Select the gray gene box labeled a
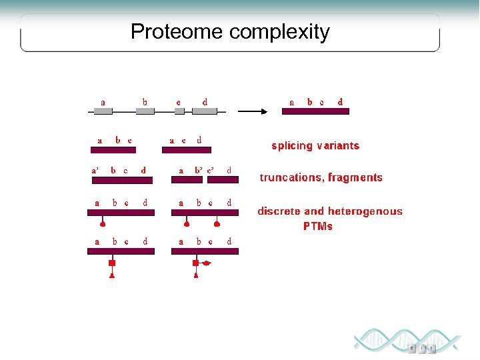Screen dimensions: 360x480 coord(103,111)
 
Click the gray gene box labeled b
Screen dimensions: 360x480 coord(145,111)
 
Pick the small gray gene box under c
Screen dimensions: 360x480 coord(179,111)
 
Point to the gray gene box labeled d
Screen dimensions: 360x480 coord(205,111)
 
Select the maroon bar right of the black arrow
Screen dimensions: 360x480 coord(315,111)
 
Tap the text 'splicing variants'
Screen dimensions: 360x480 coord(315,145)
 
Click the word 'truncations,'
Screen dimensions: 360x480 coord(291,177)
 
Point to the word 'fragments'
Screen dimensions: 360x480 coord(355,177)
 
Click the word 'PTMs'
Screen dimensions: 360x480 coord(317,226)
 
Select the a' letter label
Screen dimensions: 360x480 coord(95,171)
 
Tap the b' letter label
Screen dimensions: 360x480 coord(199,171)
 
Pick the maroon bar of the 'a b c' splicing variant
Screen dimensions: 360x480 coord(113,149)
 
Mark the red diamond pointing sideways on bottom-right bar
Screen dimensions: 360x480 coord(207,263)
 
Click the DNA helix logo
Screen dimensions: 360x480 coord(407,341)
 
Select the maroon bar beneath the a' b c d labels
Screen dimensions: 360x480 coord(121,180)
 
